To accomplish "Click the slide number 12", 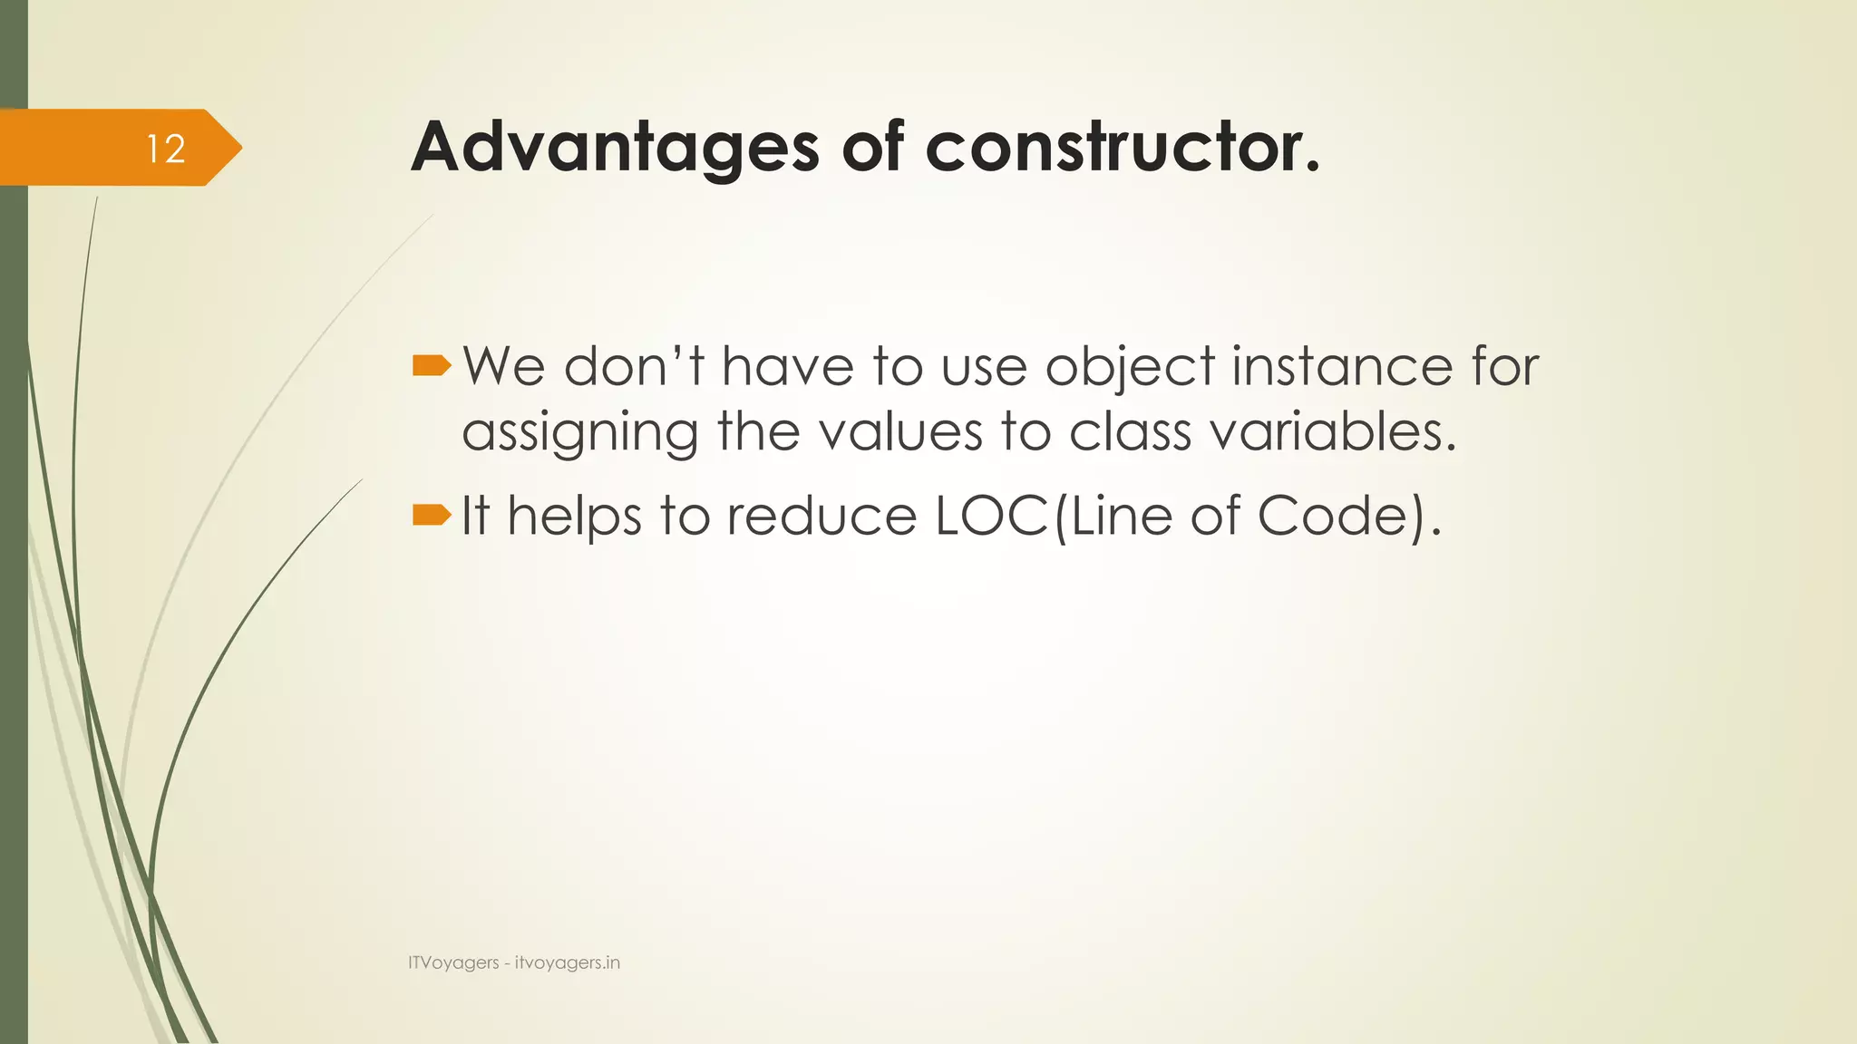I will pos(166,149).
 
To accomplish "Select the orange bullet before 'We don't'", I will pos(431,366).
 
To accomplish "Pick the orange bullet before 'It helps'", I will pos(431,516).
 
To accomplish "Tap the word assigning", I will pos(579,432).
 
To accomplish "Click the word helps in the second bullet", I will pos(574,517).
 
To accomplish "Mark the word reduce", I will pos(822,516).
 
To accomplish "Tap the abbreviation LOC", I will pos(992,516).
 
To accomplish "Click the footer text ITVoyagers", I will pos(453,963).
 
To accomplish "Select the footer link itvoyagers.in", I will pos(568,963).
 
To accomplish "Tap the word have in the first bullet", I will pos(787,367).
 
